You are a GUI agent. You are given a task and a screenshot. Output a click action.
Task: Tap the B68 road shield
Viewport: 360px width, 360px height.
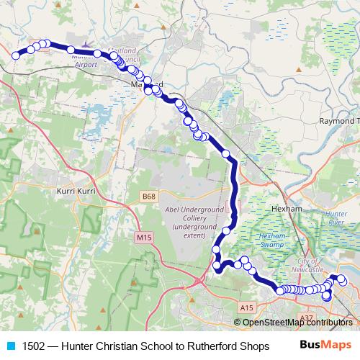tap(149, 197)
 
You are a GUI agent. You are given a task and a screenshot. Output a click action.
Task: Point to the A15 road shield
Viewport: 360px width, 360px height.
tap(247, 307)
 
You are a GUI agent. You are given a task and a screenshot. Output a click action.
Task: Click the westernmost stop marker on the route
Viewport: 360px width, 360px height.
tap(15, 55)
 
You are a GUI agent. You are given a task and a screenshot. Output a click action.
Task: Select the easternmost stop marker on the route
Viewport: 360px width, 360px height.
tap(343, 280)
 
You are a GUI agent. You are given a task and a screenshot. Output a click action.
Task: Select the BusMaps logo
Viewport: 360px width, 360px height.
tap(322, 346)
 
